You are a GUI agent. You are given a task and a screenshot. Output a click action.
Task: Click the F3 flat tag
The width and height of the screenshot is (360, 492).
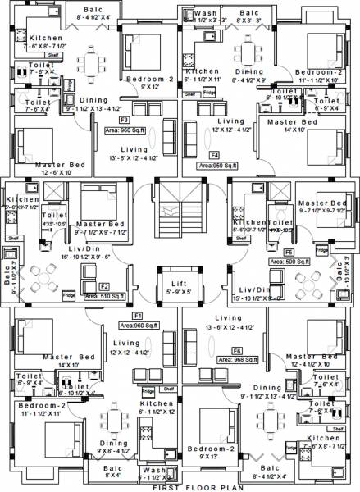124,120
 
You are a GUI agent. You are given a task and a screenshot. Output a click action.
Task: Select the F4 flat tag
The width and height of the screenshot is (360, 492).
214,154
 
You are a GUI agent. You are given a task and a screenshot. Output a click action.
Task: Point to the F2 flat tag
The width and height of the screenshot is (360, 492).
104,286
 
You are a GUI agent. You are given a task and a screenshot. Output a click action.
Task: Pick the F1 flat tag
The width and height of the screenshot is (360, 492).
138,315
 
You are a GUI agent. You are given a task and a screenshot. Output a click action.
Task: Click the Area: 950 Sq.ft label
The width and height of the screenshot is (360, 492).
214,165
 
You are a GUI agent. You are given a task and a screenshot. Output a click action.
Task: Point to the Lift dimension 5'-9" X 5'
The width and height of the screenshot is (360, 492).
179,290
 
